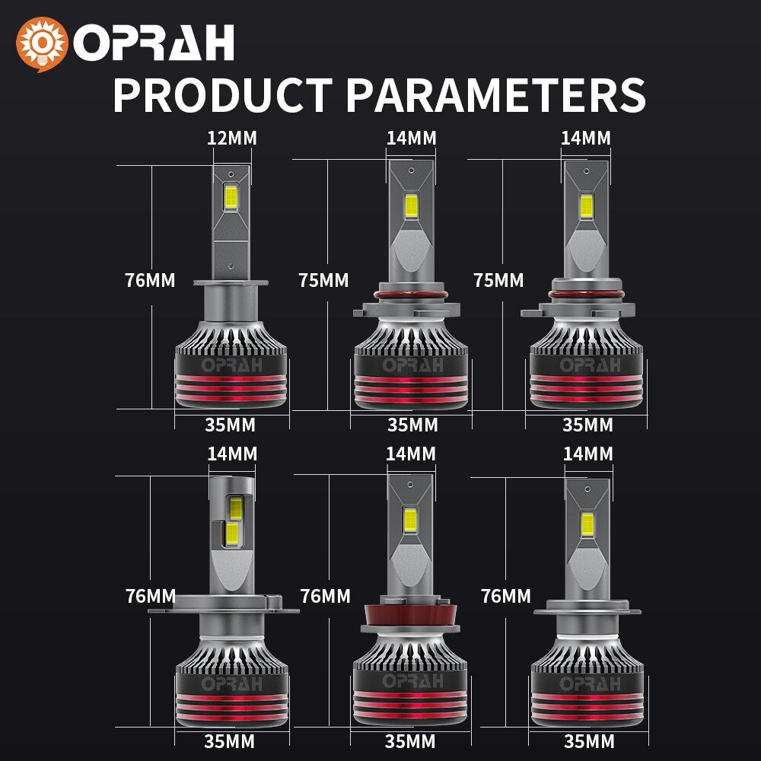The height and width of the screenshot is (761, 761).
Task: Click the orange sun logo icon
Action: (x=42, y=44)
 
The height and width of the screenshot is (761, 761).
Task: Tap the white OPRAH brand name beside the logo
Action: (x=154, y=43)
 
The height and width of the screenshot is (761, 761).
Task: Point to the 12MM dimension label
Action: (x=232, y=139)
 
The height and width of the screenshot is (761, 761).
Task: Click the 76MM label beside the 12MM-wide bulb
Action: (x=150, y=280)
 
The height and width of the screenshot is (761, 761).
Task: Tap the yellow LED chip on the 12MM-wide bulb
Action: (x=231, y=197)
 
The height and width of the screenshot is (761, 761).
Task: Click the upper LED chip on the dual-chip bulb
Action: (x=235, y=508)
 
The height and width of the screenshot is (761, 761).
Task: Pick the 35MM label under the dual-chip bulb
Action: (x=229, y=741)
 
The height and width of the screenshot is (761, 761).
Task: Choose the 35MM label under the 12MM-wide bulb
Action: (x=230, y=425)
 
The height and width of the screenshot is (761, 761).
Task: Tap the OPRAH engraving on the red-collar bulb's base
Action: (x=412, y=681)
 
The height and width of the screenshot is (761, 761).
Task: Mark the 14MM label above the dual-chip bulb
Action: (x=232, y=454)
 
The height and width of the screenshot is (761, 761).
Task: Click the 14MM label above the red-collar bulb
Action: (x=411, y=454)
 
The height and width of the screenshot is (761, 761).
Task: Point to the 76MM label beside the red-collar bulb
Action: (x=325, y=596)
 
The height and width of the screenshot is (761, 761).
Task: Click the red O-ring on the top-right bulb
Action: (x=586, y=294)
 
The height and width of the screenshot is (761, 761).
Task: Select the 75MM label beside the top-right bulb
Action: (x=498, y=280)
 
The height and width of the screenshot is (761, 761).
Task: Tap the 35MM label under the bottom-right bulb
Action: (x=589, y=741)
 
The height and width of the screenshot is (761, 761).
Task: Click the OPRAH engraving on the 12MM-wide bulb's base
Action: (x=231, y=365)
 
